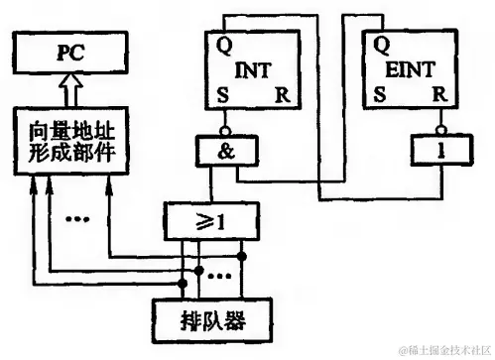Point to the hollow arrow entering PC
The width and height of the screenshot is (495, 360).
[66, 92]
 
